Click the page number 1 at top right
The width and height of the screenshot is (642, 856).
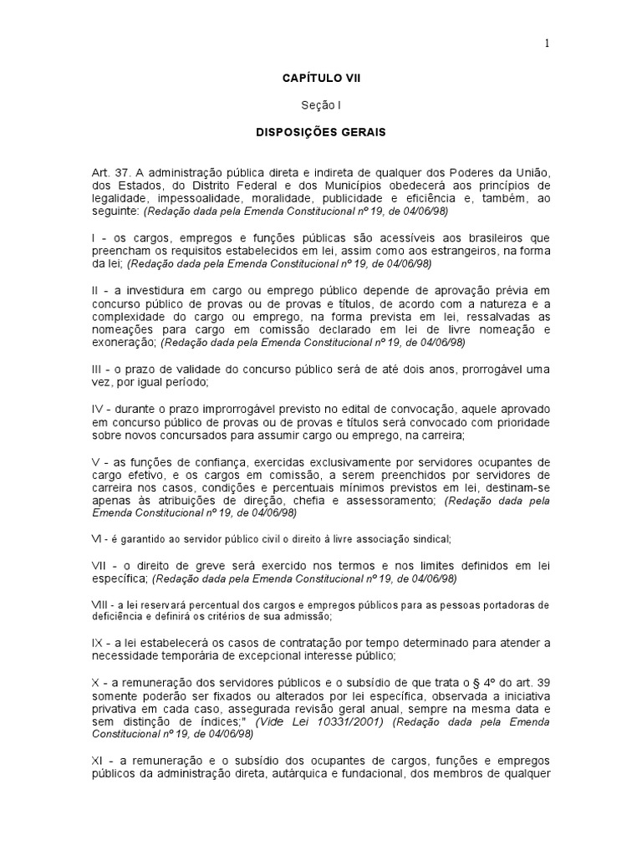548,45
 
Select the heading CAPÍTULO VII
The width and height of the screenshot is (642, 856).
322,79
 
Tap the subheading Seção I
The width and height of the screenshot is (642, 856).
322,105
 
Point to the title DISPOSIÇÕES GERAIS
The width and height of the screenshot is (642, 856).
322,132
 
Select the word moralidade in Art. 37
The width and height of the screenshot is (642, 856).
273,199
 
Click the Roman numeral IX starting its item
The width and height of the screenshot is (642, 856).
98,643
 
